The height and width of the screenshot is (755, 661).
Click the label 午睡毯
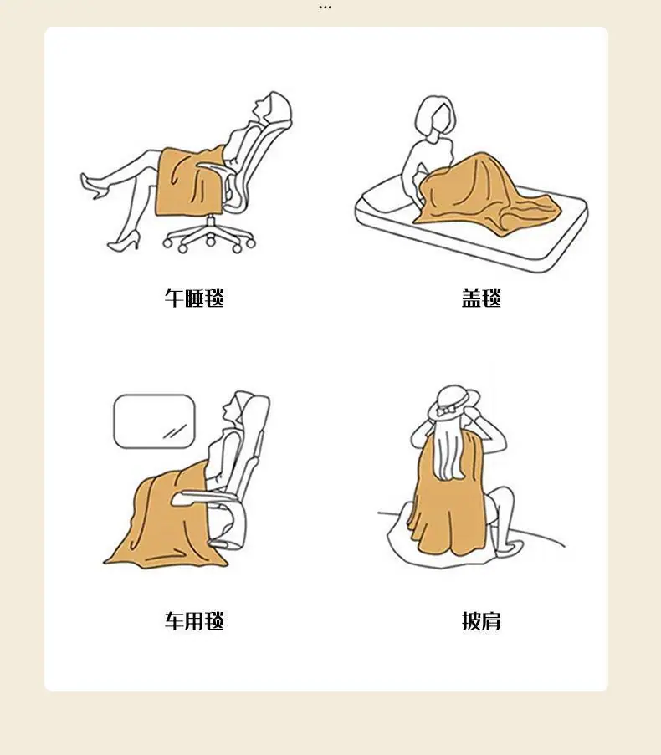pyautogui.click(x=194, y=298)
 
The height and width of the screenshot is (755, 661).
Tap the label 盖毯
pyautogui.click(x=481, y=298)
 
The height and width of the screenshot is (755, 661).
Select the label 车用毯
pyautogui.click(x=194, y=620)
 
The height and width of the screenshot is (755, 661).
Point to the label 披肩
pyautogui.click(x=481, y=620)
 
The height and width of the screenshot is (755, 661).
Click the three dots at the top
pyautogui.click(x=325, y=8)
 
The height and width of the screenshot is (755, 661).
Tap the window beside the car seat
pyautogui.click(x=154, y=421)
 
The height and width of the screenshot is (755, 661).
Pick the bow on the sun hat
pyautogui.click(x=446, y=411)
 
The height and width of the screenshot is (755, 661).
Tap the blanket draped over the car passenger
pyautogui.click(x=164, y=520)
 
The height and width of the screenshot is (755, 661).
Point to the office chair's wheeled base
pyautogui.click(x=209, y=236)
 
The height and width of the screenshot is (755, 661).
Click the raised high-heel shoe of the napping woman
pyautogui.click(x=91, y=186)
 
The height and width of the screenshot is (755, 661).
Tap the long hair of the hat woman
pyautogui.click(x=449, y=450)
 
